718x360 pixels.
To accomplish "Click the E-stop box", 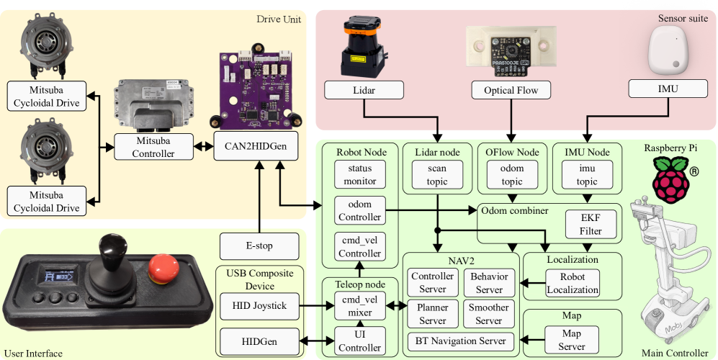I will click(259, 246).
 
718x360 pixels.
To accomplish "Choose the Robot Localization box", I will click(572, 284).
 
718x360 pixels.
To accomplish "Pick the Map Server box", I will click(572, 339).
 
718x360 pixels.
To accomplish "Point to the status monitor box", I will click(360, 174).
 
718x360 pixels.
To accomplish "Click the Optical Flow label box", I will click(511, 90).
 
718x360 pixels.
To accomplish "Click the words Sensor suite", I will click(683, 17).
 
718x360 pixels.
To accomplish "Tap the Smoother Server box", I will click(489, 314).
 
